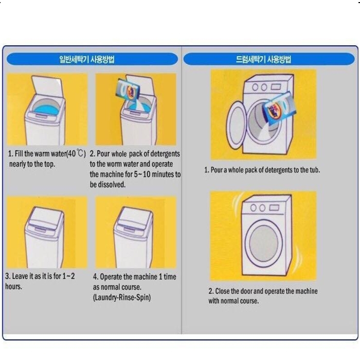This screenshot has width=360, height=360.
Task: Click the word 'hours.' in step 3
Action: click(14, 286)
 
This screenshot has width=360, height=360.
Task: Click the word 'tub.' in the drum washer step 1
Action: click(313, 170)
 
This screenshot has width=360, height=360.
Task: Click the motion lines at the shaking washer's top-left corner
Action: click(238, 199)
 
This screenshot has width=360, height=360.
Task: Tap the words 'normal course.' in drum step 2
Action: click(241, 301)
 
